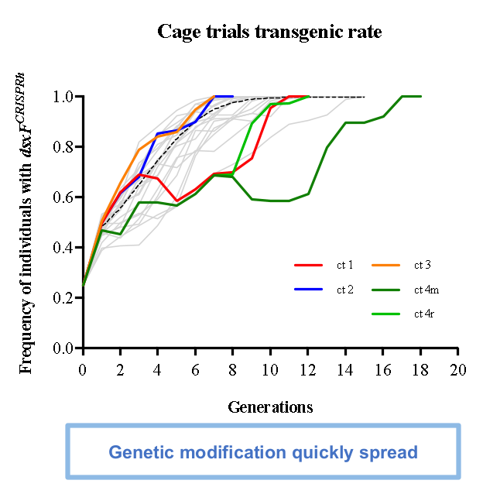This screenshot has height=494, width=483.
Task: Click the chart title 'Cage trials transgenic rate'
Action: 269,32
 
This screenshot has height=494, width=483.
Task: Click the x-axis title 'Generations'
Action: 270,407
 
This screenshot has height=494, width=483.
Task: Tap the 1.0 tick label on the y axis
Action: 63,97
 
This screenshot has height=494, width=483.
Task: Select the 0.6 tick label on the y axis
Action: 63,197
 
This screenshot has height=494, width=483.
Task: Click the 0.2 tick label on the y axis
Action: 63,298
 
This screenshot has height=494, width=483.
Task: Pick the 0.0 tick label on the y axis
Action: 63,348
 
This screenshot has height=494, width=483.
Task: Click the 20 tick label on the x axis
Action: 458,369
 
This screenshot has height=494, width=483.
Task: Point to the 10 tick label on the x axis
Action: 270,369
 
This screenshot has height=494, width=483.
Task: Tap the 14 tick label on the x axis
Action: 345,369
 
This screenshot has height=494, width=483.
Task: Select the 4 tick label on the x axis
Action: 158,369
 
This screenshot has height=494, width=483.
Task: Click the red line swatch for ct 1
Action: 309,266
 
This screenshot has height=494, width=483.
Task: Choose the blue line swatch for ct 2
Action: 309,290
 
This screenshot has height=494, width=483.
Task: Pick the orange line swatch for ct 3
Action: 386,266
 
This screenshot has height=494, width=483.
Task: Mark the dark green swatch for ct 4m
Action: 386,290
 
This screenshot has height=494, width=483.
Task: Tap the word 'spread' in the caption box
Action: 392,452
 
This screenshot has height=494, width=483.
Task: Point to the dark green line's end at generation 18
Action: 420,96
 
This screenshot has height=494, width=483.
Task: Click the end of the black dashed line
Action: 364,97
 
